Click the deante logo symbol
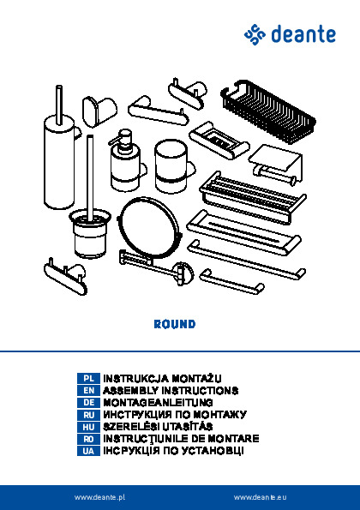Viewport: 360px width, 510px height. click(255, 34)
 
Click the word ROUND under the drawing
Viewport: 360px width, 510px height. click(175, 324)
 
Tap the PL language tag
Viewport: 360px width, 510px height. click(88, 379)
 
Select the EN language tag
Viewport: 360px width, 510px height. click(88, 391)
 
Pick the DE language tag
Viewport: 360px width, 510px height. click(88, 403)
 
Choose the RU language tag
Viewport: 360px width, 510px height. click(88, 415)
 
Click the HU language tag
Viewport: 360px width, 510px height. click(88, 427)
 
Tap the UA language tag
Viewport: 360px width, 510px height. click(88, 451)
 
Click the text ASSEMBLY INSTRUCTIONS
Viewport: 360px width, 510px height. click(171, 390)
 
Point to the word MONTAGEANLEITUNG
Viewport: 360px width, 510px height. click(158, 403)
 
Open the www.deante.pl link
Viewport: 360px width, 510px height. click(99, 497)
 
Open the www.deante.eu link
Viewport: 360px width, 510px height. click(261, 497)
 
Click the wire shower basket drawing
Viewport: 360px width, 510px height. click(268, 111)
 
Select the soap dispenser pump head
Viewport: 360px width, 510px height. click(122, 140)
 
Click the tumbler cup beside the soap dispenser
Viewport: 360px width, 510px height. click(171, 166)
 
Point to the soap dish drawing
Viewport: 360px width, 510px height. click(219, 141)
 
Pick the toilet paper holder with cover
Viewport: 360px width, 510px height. click(276, 165)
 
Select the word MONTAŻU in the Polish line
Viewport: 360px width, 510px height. click(196, 379)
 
